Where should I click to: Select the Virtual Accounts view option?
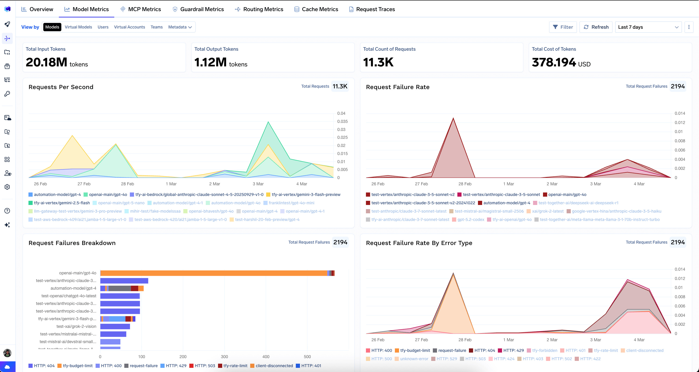pyautogui.click(x=129, y=27)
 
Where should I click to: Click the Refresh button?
pyautogui.click(x=596, y=27)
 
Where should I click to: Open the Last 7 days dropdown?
pyautogui.click(x=648, y=27)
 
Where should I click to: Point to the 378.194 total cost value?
pyautogui.click(x=554, y=62)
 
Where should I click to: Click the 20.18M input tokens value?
pyautogui.click(x=46, y=62)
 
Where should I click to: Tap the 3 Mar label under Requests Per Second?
pyautogui.click(x=258, y=184)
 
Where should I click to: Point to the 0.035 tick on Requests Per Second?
pyautogui.click(x=342, y=121)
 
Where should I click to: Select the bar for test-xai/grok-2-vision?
pyautogui.click(x=115, y=326)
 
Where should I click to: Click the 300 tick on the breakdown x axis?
pyautogui.click(x=225, y=356)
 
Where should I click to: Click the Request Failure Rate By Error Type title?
pyautogui.click(x=419, y=243)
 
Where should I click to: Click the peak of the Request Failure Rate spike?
pyautogui.click(x=453, y=118)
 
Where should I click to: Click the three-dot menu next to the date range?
pyautogui.click(x=689, y=27)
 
